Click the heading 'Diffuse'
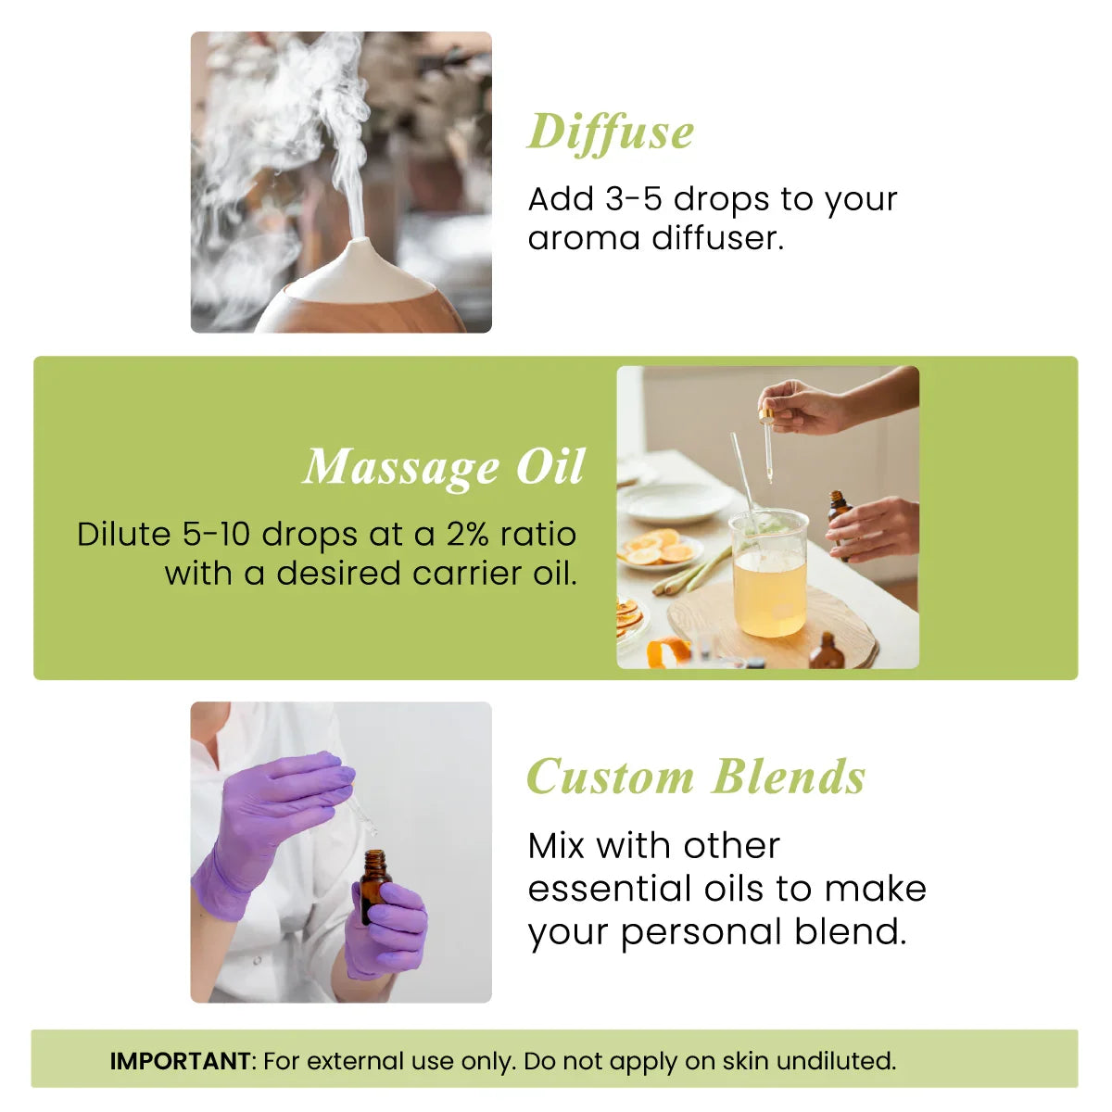[x=611, y=133]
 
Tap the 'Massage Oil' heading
[x=444, y=467]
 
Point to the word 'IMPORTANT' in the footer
[x=180, y=1061]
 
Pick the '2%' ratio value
[x=467, y=535]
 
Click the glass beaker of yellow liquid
[x=769, y=579]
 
